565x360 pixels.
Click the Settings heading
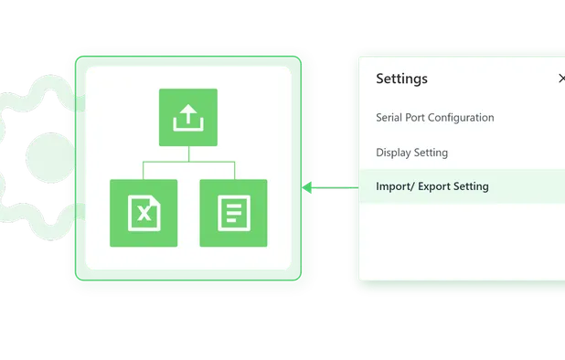(x=401, y=79)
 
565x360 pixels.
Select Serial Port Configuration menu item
(x=434, y=118)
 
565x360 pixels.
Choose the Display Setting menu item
(x=411, y=153)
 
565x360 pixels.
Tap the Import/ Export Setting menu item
(x=432, y=186)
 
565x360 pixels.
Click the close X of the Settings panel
(x=561, y=79)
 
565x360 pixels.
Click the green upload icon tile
(x=188, y=117)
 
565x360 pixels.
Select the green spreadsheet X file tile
(x=144, y=213)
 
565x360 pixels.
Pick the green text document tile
(x=233, y=213)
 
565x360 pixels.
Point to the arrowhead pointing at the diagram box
(x=308, y=187)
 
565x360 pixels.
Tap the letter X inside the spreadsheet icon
(x=144, y=215)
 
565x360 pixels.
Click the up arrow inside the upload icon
(x=188, y=114)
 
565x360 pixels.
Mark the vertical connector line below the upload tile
(x=188, y=154)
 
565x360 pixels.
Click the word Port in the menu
(x=420, y=118)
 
